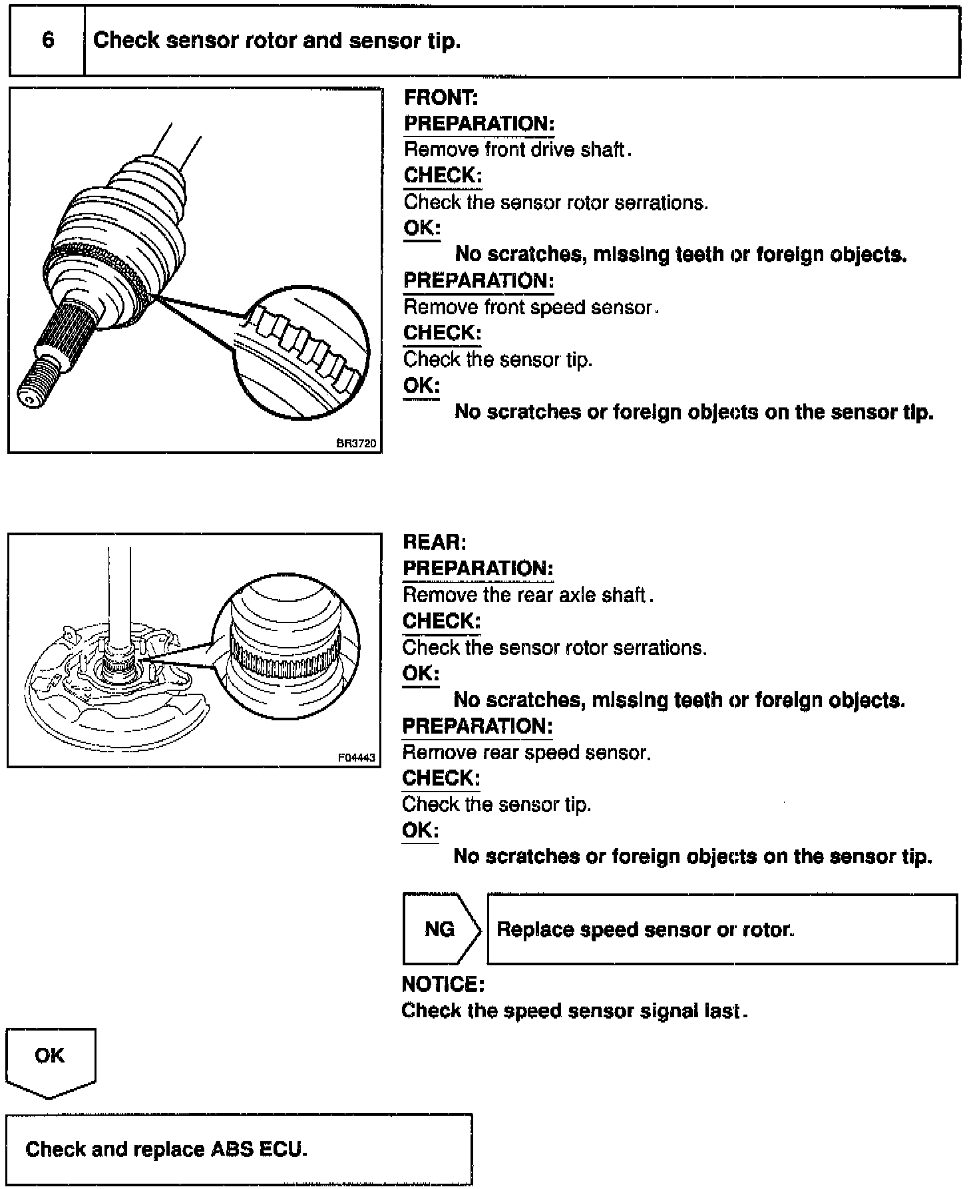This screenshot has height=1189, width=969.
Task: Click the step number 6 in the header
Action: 48,41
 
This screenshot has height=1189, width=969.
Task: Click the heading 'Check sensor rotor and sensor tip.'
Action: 277,41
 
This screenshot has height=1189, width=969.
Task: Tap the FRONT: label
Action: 441,98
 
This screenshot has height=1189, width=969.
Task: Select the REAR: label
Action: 435,542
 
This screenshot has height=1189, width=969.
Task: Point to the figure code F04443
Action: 357,757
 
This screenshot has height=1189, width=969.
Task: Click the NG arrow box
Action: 441,929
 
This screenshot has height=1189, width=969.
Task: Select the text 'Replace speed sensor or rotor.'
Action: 646,929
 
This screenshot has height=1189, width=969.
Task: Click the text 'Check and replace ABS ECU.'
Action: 166,1149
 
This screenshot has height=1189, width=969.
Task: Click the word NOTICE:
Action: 443,984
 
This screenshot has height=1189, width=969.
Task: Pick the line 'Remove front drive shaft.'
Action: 517,150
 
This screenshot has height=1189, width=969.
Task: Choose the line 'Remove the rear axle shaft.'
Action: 528,594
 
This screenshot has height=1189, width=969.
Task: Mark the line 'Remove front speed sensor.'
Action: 530,308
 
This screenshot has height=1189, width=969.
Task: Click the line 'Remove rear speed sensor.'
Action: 526,752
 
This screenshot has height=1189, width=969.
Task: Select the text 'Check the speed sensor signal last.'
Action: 574,1011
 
